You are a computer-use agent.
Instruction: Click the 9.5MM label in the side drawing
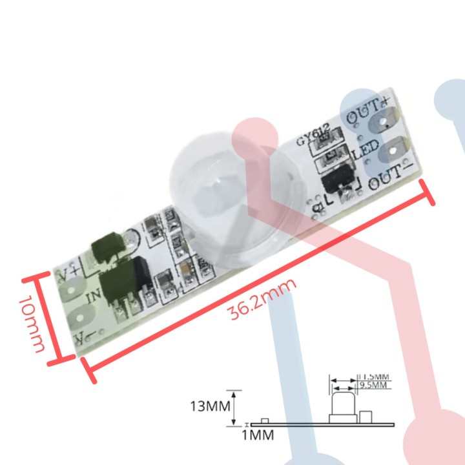click(x=372, y=386)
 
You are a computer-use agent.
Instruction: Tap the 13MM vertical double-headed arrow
click(x=237, y=408)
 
